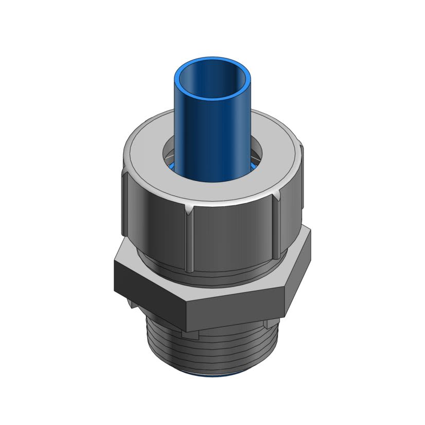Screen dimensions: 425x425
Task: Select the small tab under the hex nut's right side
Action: pyautogui.click(x=269, y=324)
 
